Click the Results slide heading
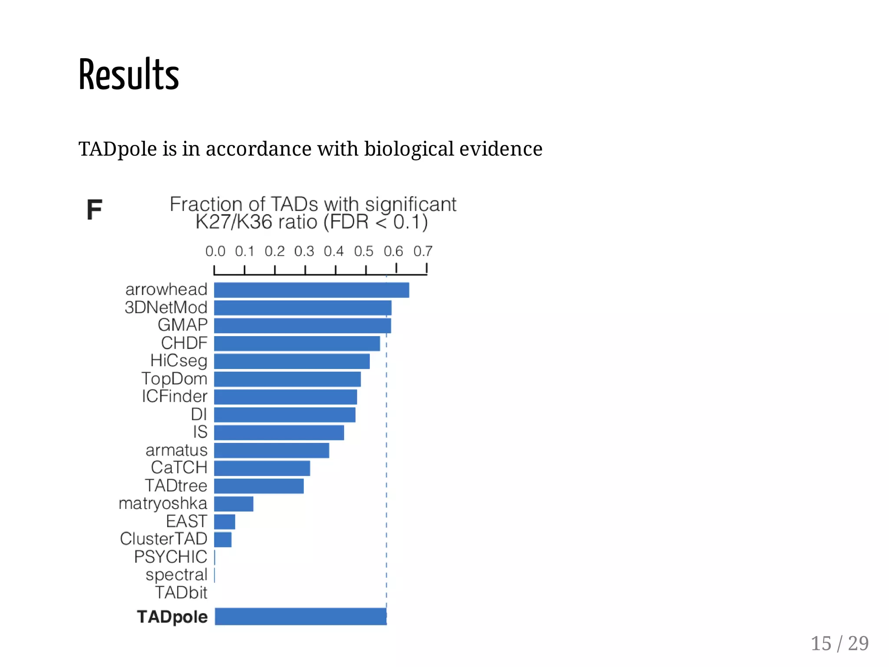128,75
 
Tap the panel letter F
94,210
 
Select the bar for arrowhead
311,290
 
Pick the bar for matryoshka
234,504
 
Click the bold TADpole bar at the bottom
300,617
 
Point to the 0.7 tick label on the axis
422,251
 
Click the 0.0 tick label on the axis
215,251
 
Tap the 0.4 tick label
333,251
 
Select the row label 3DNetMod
166,307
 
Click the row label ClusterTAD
164,539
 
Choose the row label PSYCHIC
171,557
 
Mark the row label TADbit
181,593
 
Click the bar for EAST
224,522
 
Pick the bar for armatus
271,450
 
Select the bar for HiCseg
292,361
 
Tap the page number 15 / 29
840,644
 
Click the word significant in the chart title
410,204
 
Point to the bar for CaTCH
262,468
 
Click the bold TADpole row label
172,617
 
